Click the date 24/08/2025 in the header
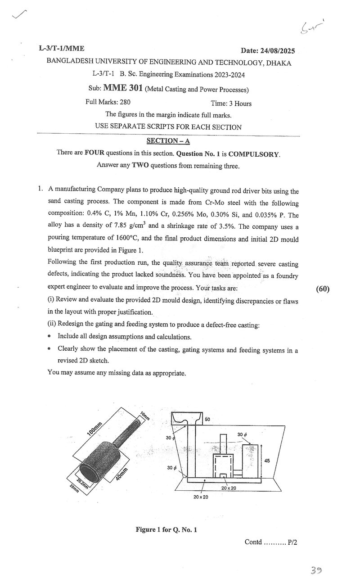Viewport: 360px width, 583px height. (277, 50)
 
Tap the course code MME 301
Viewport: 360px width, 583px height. (123, 88)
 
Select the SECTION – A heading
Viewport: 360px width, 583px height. (168, 141)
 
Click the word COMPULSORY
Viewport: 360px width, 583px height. (254, 154)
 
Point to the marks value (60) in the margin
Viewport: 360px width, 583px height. (323, 289)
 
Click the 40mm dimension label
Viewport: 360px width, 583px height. (122, 474)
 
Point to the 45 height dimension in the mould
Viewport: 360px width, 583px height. (267, 461)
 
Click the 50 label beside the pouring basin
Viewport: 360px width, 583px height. (207, 419)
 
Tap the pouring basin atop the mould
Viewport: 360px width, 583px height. (187, 419)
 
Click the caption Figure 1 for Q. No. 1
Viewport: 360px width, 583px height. (166, 529)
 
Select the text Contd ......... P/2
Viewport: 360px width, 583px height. (271, 542)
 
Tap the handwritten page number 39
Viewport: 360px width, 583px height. (316, 570)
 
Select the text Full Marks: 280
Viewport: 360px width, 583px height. (108, 102)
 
